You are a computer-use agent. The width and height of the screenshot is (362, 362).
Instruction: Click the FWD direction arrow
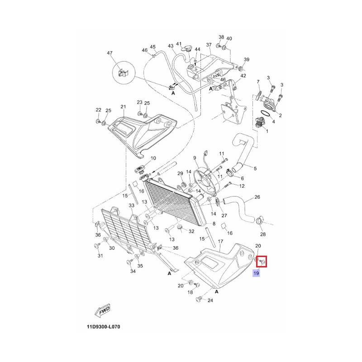[102, 310]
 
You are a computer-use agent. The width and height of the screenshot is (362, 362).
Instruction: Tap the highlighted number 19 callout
[256, 273]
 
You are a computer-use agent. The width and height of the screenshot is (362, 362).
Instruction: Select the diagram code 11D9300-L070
[104, 327]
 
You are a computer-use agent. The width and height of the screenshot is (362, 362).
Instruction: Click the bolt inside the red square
[262, 262]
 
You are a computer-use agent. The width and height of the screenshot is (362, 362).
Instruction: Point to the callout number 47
[110, 53]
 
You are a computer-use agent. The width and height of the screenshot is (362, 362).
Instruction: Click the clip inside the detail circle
[123, 73]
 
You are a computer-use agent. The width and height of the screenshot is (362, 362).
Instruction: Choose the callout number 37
[209, 44]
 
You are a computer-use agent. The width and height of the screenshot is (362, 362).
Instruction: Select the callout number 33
[131, 205]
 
